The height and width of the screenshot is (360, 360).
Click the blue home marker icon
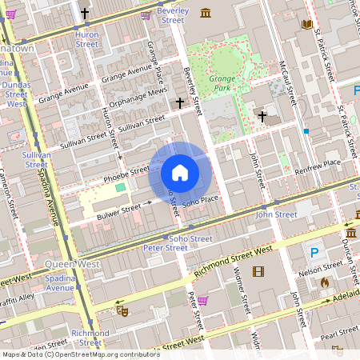pyautogui.click(x=179, y=173)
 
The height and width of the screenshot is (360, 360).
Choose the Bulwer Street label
pyautogui.click(x=118, y=211)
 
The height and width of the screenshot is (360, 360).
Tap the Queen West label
pyautogui.click(x=72, y=263)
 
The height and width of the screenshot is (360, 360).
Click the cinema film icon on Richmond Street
pyautogui.click(x=258, y=271)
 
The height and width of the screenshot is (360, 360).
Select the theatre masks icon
pyautogui.click(x=122, y=309)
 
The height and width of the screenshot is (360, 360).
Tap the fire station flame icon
pyautogui.click(x=324, y=282)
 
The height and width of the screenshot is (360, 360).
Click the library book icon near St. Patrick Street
pyautogui.click(x=306, y=24)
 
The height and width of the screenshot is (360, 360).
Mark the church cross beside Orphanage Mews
pyautogui.click(x=180, y=103)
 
